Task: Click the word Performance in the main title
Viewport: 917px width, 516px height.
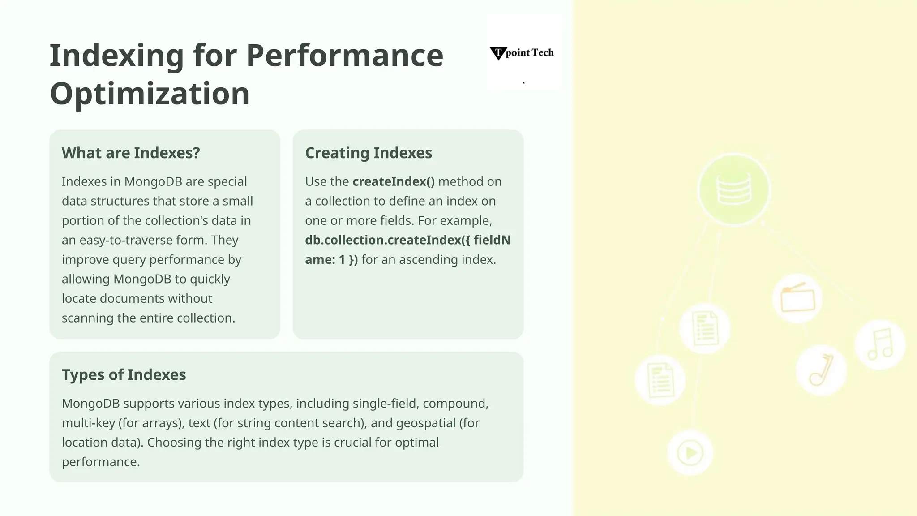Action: pyautogui.click(x=344, y=56)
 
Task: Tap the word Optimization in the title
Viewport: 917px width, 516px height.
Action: pyautogui.click(x=150, y=94)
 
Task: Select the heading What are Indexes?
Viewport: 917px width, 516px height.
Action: pyautogui.click(x=131, y=153)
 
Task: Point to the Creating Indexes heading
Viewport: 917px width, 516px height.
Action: pyautogui.click(x=369, y=153)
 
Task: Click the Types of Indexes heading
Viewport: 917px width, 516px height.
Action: pyautogui.click(x=124, y=375)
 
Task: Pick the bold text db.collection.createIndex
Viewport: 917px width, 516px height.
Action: pyautogui.click(x=383, y=240)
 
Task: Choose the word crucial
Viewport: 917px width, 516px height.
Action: pyautogui.click(x=352, y=443)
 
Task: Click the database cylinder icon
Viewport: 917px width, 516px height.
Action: pyautogui.click(x=734, y=189)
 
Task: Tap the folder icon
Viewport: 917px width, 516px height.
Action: pyautogui.click(x=797, y=298)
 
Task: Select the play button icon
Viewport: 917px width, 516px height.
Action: pyautogui.click(x=690, y=453)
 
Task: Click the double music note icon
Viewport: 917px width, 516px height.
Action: pyautogui.click(x=880, y=344)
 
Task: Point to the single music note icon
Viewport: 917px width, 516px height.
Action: pyautogui.click(x=821, y=370)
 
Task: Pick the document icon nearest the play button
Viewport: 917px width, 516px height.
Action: pyautogui.click(x=660, y=380)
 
